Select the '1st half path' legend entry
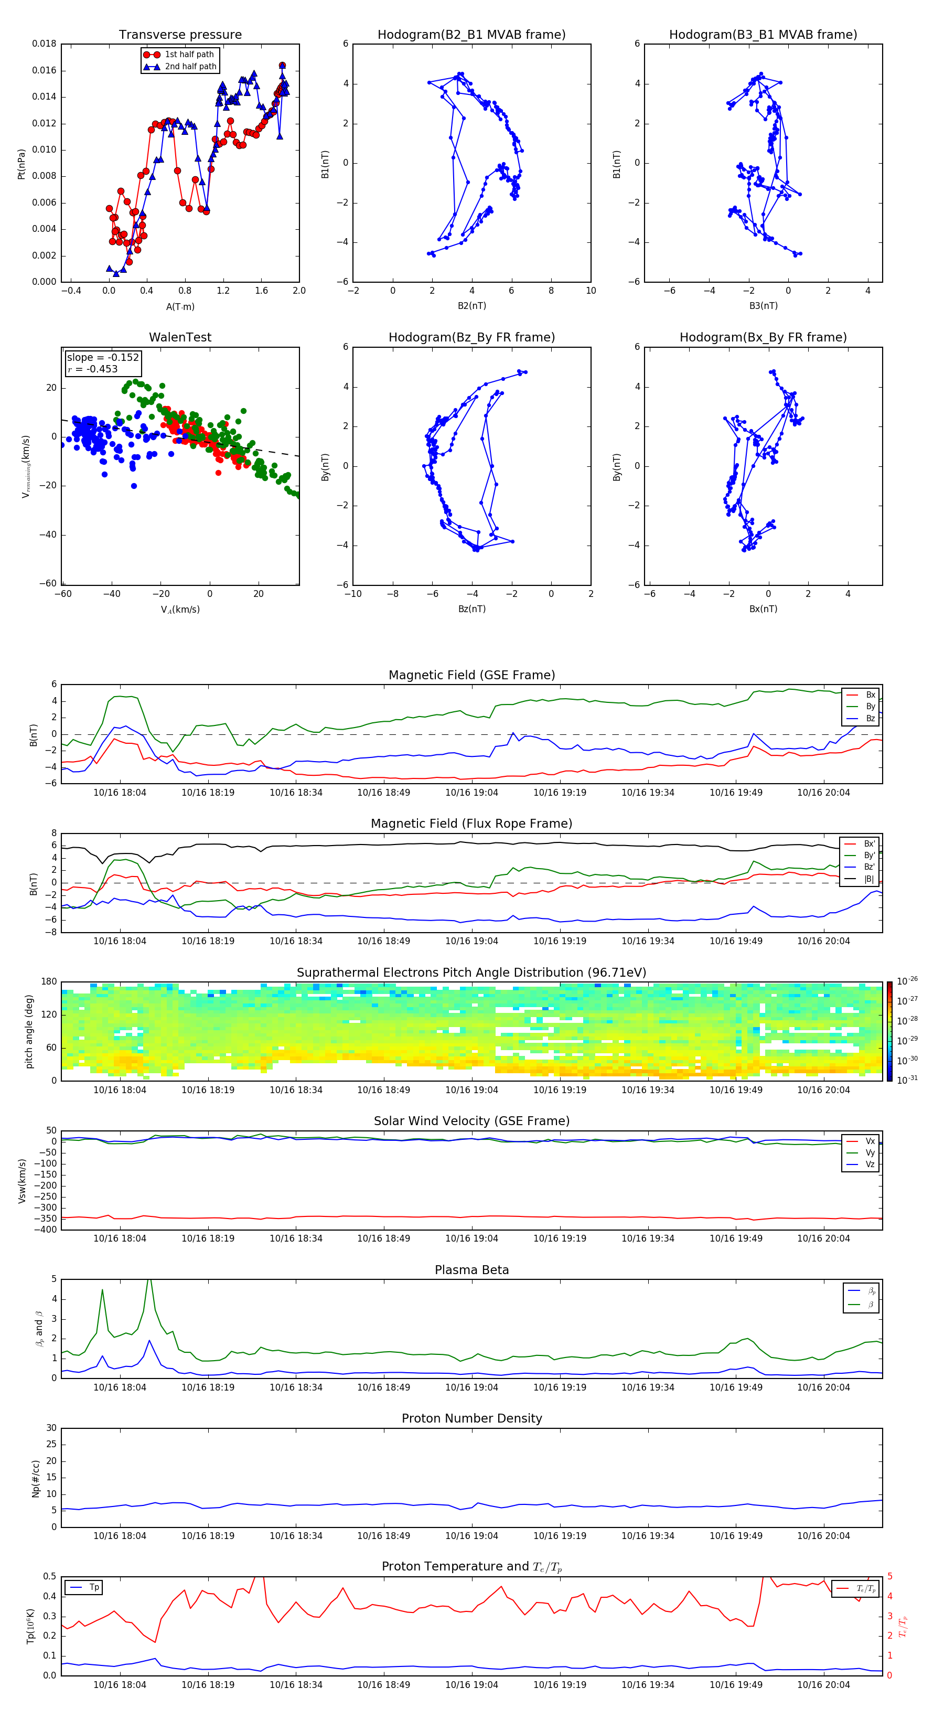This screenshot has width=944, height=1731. pos(189,55)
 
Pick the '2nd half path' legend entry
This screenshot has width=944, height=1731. pos(190,67)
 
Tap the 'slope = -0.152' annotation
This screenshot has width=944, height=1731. pos(103,358)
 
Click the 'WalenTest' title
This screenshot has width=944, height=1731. pos(180,337)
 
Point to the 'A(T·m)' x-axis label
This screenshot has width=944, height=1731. pos(180,306)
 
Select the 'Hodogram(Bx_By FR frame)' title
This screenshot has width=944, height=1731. pos(763,337)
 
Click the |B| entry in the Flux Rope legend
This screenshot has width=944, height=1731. pos(869,879)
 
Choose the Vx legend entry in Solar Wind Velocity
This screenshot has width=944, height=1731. pos(870,1141)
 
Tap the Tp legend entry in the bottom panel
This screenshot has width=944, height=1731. pos(94,1587)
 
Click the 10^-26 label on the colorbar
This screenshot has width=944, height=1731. pos(907,981)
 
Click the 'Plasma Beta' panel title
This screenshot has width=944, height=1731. pos(471,1270)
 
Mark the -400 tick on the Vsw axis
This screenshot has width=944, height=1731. pos(47,1230)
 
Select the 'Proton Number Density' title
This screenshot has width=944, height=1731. pos(471,1418)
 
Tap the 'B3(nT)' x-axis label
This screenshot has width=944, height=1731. pos(763,306)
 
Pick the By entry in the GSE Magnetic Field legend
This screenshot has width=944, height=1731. pos(870,706)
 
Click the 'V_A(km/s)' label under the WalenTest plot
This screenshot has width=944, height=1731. pos(180,610)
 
